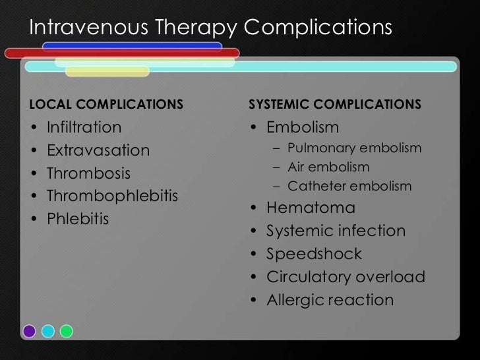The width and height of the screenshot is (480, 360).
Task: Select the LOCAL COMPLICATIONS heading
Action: point(105,105)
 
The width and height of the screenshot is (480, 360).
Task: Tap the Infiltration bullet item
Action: point(84,127)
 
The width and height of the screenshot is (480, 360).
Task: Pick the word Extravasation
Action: point(98,150)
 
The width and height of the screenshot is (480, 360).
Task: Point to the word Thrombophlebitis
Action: point(112,197)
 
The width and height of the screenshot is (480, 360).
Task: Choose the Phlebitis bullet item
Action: point(77,218)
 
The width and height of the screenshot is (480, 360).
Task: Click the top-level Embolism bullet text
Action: point(303,127)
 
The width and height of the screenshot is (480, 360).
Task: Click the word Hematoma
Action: point(311,208)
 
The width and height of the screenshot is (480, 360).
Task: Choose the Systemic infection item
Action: point(336,231)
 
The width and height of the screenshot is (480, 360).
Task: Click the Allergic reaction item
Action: point(330,300)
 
